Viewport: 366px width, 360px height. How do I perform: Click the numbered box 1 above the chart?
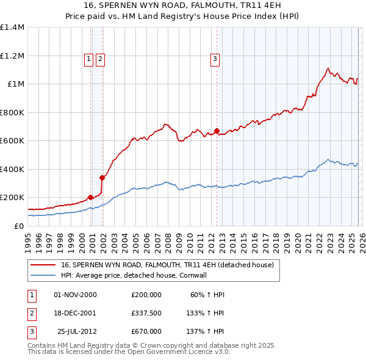click(x=89, y=59)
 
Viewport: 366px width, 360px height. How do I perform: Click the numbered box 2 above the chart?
click(x=100, y=59)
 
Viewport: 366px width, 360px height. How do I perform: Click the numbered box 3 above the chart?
click(x=215, y=59)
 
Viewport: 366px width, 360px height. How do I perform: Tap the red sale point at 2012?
click(x=217, y=131)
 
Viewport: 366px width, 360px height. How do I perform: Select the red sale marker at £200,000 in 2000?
click(x=90, y=197)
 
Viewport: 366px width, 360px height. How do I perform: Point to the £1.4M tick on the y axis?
click(x=12, y=27)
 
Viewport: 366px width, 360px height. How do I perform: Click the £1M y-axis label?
click(x=15, y=84)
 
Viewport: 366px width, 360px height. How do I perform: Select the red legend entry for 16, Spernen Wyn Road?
click(x=168, y=265)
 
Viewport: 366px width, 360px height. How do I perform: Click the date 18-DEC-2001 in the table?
click(x=75, y=313)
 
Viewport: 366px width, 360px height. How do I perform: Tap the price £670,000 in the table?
click(x=146, y=331)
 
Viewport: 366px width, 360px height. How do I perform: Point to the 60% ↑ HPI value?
click(x=208, y=295)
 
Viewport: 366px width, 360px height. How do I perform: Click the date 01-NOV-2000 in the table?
click(x=75, y=295)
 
